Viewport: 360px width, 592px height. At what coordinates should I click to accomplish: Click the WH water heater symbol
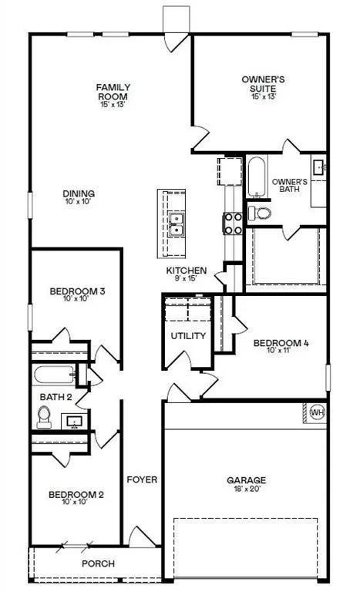coord(316,412)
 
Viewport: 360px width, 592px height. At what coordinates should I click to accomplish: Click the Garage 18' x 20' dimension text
coord(246,489)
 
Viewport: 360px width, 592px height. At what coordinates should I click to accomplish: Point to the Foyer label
coord(142,479)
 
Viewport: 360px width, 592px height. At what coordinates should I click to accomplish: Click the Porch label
coord(99,563)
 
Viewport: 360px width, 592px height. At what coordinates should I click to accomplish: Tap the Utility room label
coord(188,335)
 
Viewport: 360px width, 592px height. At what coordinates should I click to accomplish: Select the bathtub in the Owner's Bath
coord(255,177)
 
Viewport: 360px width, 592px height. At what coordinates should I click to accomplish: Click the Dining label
coord(80,193)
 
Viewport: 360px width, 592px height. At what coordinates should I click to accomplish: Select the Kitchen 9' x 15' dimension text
coord(187,278)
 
